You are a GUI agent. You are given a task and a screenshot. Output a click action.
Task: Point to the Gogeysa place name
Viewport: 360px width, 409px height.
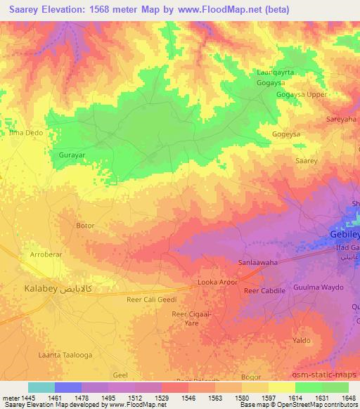pos(285,134)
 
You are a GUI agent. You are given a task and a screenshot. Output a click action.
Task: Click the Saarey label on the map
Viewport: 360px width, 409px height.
pos(307,161)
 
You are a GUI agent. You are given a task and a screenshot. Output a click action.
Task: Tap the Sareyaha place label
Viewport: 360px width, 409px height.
pos(341,119)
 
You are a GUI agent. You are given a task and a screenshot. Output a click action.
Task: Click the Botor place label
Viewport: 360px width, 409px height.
pos(84,226)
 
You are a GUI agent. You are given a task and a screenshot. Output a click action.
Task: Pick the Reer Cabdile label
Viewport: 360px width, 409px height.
pos(264,290)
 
